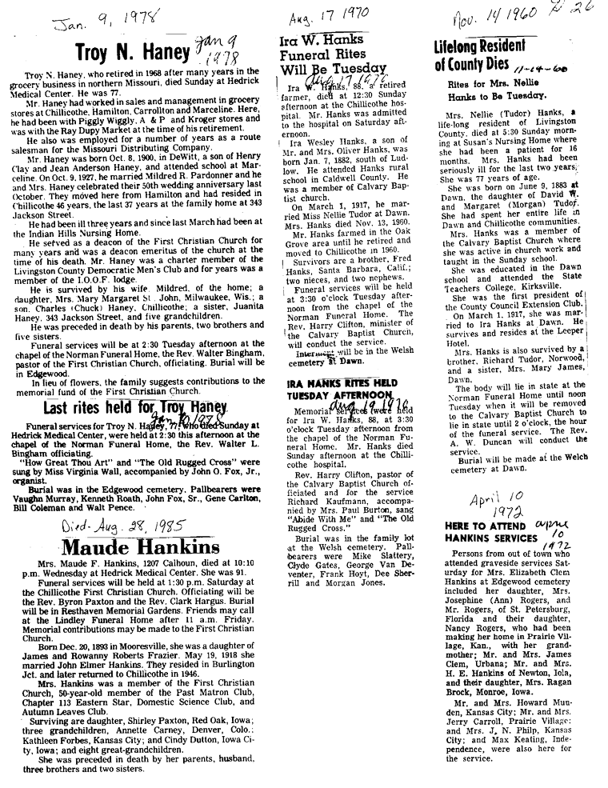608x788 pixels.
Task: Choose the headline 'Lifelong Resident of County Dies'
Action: [487, 55]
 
